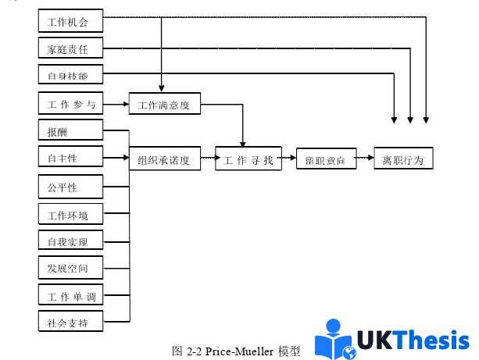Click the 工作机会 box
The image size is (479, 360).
click(70, 21)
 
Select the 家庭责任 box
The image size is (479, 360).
click(70, 48)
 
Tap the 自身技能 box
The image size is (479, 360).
click(70, 75)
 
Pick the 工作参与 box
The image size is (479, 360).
click(70, 103)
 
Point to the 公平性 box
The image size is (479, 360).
click(70, 187)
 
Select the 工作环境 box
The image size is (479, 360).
click(70, 214)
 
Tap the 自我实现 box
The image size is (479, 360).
click(70, 241)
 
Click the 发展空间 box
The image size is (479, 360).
click(70, 268)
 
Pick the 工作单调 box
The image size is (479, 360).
click(70, 295)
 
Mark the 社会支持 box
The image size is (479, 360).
click(70, 322)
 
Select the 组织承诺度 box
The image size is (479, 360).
click(164, 159)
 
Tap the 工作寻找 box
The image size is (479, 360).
click(248, 159)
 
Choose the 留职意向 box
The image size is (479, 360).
click(326, 159)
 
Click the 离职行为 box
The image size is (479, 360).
click(402, 159)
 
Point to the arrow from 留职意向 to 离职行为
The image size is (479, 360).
click(365, 159)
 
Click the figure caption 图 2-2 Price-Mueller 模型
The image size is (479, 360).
click(235, 351)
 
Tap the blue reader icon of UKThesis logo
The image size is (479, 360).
click(334, 340)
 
